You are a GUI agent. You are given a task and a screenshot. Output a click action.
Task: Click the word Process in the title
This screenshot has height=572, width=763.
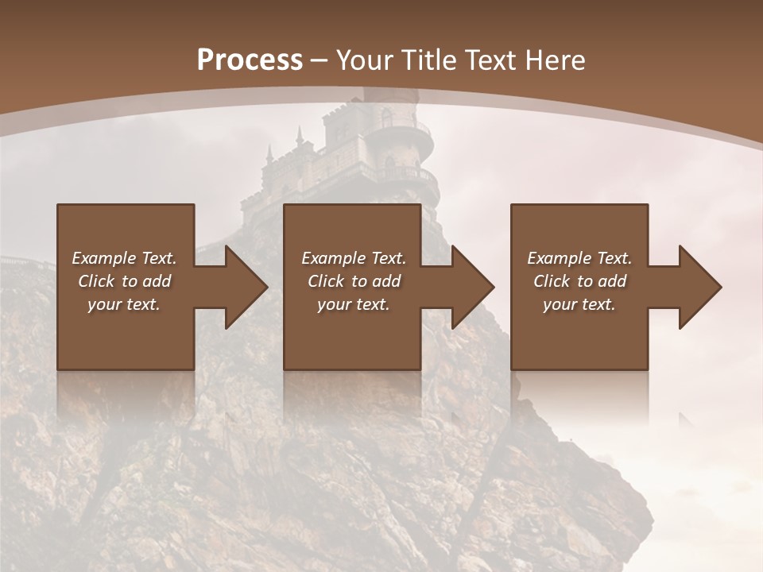click(x=250, y=60)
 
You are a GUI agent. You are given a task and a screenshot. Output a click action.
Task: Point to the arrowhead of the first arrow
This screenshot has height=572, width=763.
click(x=246, y=287)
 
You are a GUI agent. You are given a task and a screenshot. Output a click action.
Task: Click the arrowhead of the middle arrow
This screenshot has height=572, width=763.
click(x=473, y=287)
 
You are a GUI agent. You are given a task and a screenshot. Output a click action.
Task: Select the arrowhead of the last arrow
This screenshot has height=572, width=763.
click(x=700, y=287)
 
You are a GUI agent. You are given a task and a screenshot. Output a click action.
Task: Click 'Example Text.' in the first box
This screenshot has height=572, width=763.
click(x=124, y=258)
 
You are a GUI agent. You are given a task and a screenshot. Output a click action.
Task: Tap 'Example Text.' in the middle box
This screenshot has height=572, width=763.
click(x=353, y=258)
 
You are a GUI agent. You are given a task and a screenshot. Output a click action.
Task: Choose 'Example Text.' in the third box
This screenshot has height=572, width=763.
click(x=579, y=258)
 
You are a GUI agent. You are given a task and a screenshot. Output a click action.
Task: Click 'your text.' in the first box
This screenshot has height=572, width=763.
click(x=124, y=304)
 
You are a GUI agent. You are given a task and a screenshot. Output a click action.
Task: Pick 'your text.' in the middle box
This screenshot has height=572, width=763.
click(x=353, y=304)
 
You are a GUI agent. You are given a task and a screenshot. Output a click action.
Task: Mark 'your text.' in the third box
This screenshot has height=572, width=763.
click(x=579, y=304)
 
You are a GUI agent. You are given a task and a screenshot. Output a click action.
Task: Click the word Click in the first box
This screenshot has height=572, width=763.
click(x=97, y=281)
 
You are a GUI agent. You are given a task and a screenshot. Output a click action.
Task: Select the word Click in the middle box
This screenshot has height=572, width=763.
click(x=326, y=281)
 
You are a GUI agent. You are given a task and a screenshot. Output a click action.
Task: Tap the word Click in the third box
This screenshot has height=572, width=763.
click(x=552, y=281)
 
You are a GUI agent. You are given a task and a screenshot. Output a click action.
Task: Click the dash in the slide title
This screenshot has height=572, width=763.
click(x=320, y=60)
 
